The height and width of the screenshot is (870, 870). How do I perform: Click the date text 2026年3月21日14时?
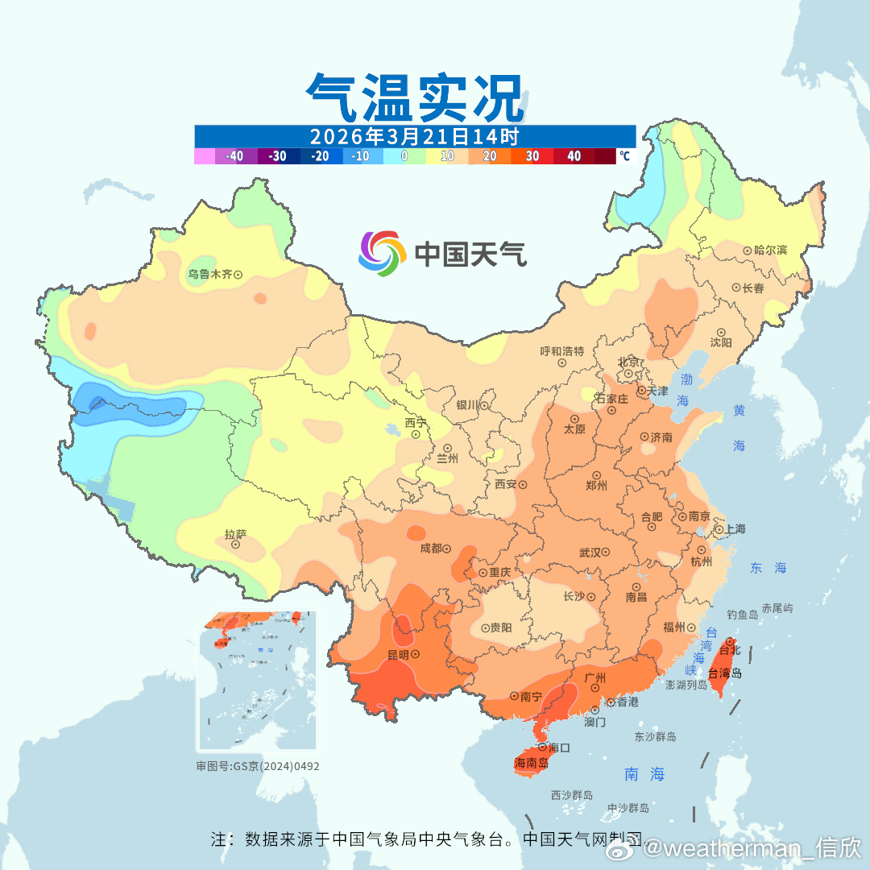click(414, 135)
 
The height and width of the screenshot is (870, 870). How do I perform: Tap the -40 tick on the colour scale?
click(234, 156)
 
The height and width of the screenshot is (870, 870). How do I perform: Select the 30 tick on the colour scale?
click(532, 156)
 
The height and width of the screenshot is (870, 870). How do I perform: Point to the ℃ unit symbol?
click(625, 156)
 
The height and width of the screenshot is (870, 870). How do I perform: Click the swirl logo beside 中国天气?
click(381, 254)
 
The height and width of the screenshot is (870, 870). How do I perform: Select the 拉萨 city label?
click(235, 534)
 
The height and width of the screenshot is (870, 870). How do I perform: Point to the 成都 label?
click(431, 549)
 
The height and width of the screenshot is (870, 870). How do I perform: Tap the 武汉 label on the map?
click(590, 553)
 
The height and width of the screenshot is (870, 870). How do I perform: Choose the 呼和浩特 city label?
click(561, 351)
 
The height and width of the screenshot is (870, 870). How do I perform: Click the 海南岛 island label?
click(531, 763)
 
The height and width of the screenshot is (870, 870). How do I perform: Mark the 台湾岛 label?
click(725, 673)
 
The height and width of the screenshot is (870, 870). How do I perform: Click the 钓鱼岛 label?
click(742, 614)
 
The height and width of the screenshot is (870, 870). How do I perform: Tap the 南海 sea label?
click(644, 775)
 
